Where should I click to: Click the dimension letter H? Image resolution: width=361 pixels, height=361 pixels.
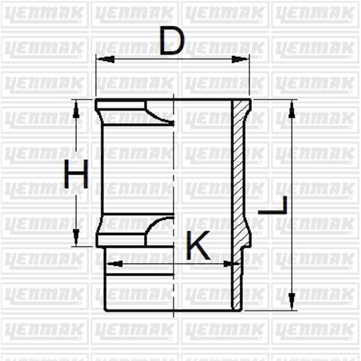point(76,174)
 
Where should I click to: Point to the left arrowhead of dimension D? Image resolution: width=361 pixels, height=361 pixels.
point(100,58)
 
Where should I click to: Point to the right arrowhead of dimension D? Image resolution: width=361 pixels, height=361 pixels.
point(245,58)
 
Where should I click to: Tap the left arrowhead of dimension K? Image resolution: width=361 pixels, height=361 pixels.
point(110,263)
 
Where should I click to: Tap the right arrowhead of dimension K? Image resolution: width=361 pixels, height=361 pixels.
point(230,263)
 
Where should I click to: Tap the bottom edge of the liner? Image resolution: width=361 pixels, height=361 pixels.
point(169,310)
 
